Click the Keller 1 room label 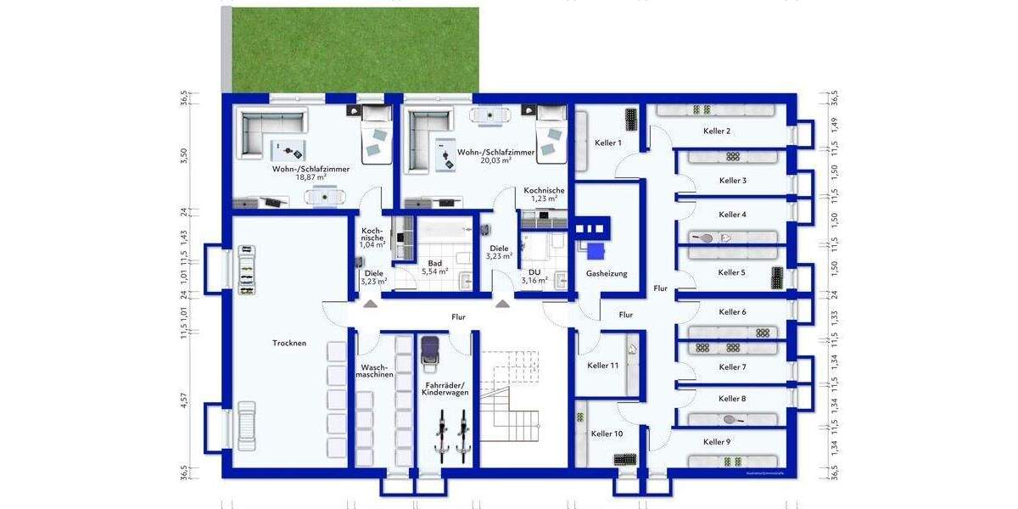click(x=608, y=143)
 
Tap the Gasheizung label click(x=607, y=274)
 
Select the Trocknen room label click(x=289, y=344)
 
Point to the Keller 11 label click(x=602, y=366)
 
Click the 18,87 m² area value click(x=311, y=178)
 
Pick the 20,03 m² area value click(x=495, y=160)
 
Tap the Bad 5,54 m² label click(x=435, y=268)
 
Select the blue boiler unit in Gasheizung click(x=596, y=250)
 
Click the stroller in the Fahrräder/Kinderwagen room click(x=429, y=352)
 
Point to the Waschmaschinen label click(x=374, y=371)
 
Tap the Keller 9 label click(x=716, y=442)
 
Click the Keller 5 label click(x=731, y=272)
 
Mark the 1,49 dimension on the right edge click(x=835, y=123)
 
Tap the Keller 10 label click(x=607, y=433)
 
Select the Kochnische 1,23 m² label click(x=544, y=194)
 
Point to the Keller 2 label click(x=717, y=131)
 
